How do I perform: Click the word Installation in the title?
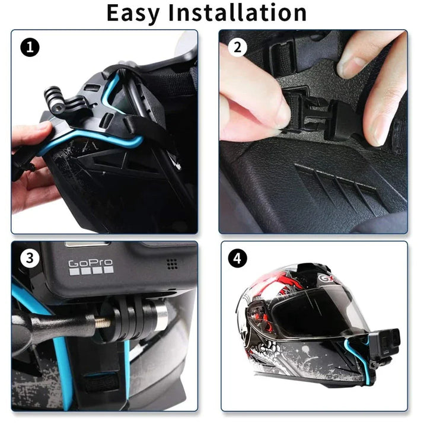[x=245, y=12]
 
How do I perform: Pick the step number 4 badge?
[x=238, y=259]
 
